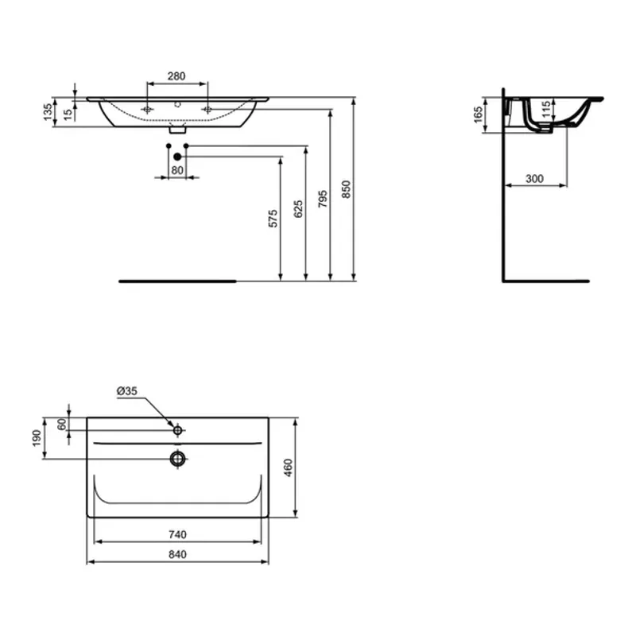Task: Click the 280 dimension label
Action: pyautogui.click(x=176, y=76)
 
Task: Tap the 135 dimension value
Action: pyautogui.click(x=48, y=112)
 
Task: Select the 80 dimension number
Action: pyautogui.click(x=176, y=170)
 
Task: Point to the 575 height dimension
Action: pyautogui.click(x=272, y=219)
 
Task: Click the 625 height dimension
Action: pyautogui.click(x=297, y=209)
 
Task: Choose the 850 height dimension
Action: pyautogui.click(x=346, y=190)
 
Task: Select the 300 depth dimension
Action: pyautogui.click(x=534, y=179)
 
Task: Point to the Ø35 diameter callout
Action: pyautogui.click(x=127, y=391)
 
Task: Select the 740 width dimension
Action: pyautogui.click(x=176, y=534)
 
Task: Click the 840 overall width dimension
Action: pyautogui.click(x=176, y=554)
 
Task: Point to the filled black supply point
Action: pyautogui.click(x=178, y=157)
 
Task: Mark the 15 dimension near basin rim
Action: pyautogui.click(x=68, y=112)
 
